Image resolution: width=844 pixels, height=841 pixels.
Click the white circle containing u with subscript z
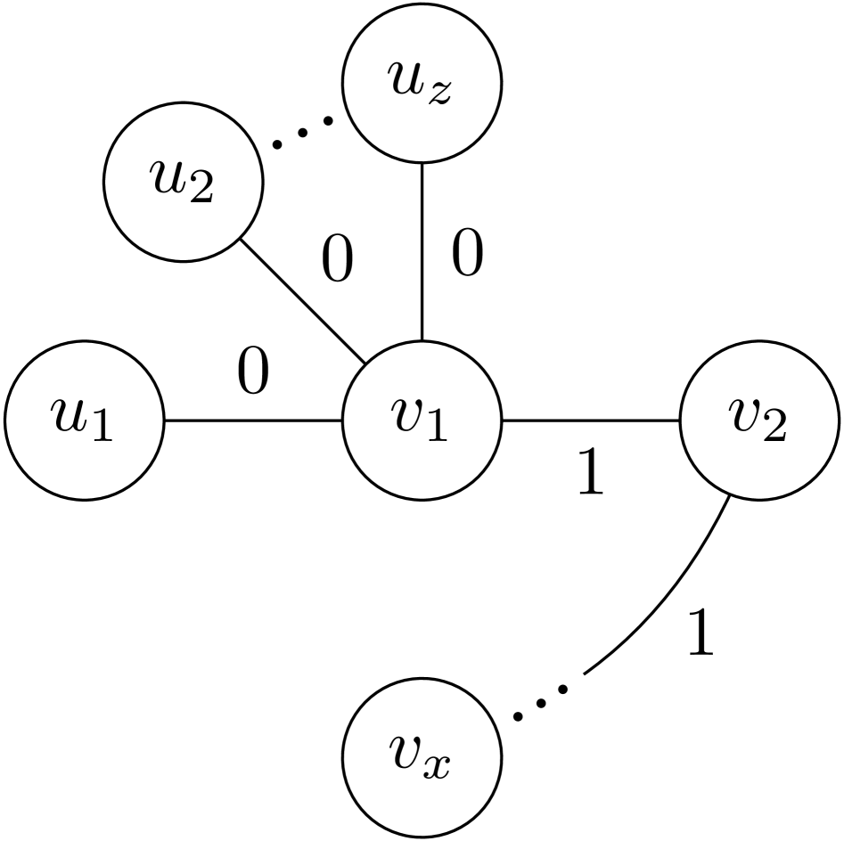pyautogui.click(x=422, y=83)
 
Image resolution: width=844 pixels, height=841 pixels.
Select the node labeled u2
pyautogui.click(x=184, y=182)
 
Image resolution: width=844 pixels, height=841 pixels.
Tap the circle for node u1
pyautogui.click(x=85, y=420)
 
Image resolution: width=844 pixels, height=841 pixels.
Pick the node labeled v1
pyautogui.click(x=422, y=420)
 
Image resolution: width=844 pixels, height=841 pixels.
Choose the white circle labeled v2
pyautogui.click(x=759, y=420)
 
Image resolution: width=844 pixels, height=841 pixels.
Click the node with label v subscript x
pyautogui.click(x=422, y=757)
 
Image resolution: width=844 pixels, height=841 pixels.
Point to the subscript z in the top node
pyautogui.click(x=439, y=93)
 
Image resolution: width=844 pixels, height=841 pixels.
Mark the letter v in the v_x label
pyautogui.click(x=407, y=753)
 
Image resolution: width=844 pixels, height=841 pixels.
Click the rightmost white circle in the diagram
pyautogui.click(x=759, y=420)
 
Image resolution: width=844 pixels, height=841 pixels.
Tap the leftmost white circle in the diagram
pyautogui.click(x=85, y=420)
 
